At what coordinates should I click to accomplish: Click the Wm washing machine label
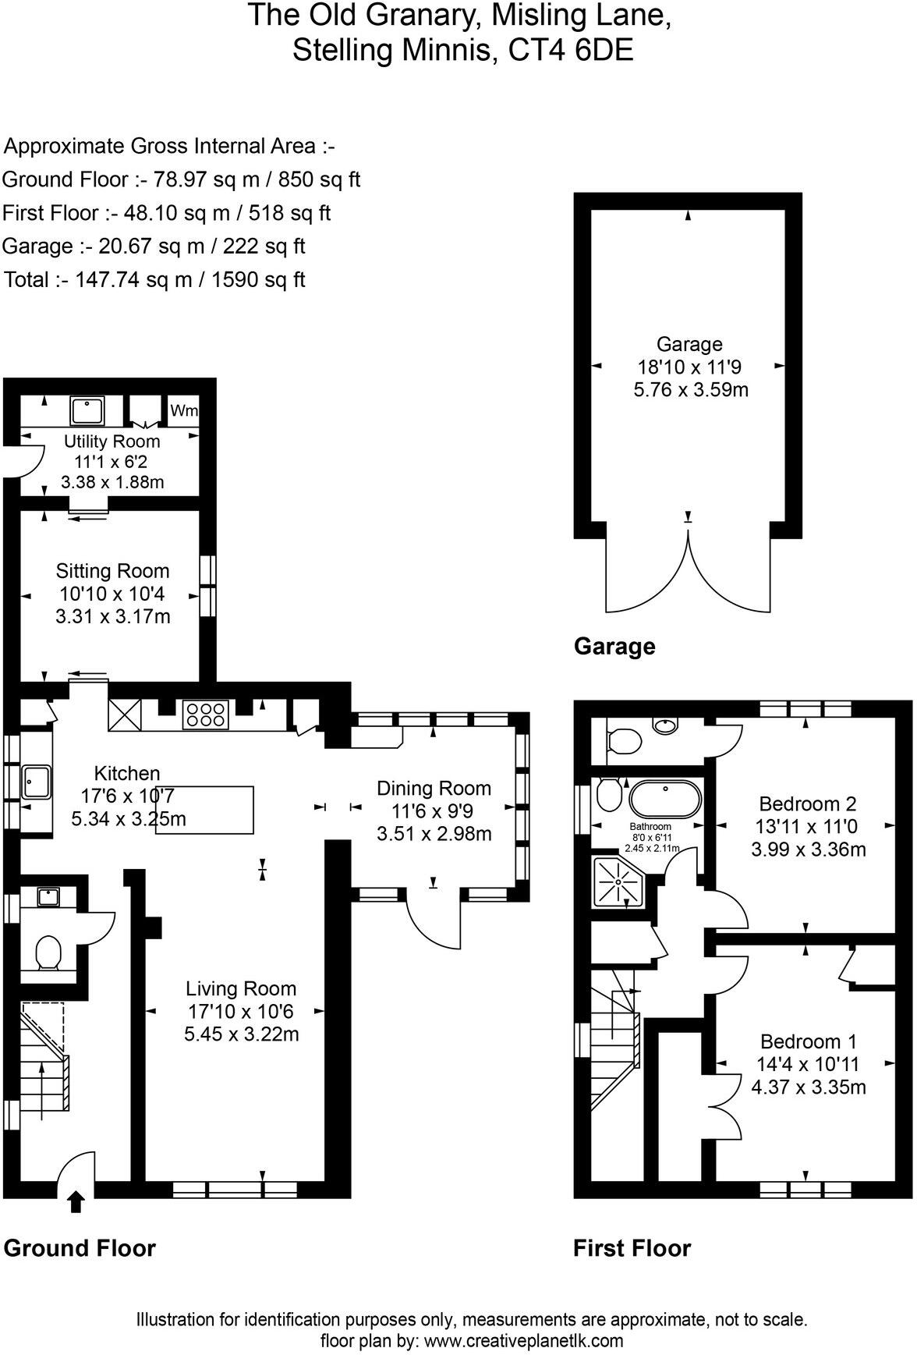184,410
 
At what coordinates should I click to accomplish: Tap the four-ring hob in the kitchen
206,715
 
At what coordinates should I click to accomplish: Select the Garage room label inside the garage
689,344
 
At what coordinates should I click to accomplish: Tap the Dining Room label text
434,788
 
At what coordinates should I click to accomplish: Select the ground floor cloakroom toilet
49,953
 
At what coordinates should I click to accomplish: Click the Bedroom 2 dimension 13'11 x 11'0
808,826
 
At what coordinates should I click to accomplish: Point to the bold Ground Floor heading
80,1248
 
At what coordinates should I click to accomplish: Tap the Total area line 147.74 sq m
154,280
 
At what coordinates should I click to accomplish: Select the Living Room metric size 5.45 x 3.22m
242,1034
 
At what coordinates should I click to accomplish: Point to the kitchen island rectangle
206,810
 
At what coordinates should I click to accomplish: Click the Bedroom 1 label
808,1041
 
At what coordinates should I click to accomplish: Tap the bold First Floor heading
632,1248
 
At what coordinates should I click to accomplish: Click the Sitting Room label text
113,571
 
